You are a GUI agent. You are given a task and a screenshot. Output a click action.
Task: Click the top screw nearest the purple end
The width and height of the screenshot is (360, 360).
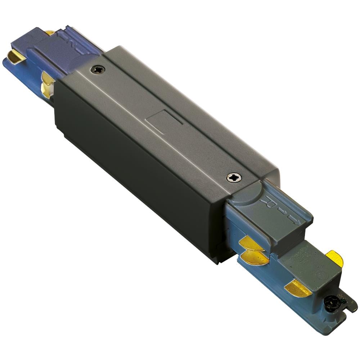click(x=98, y=69)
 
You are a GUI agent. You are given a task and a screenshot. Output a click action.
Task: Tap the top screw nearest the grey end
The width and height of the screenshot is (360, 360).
click(x=234, y=177)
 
